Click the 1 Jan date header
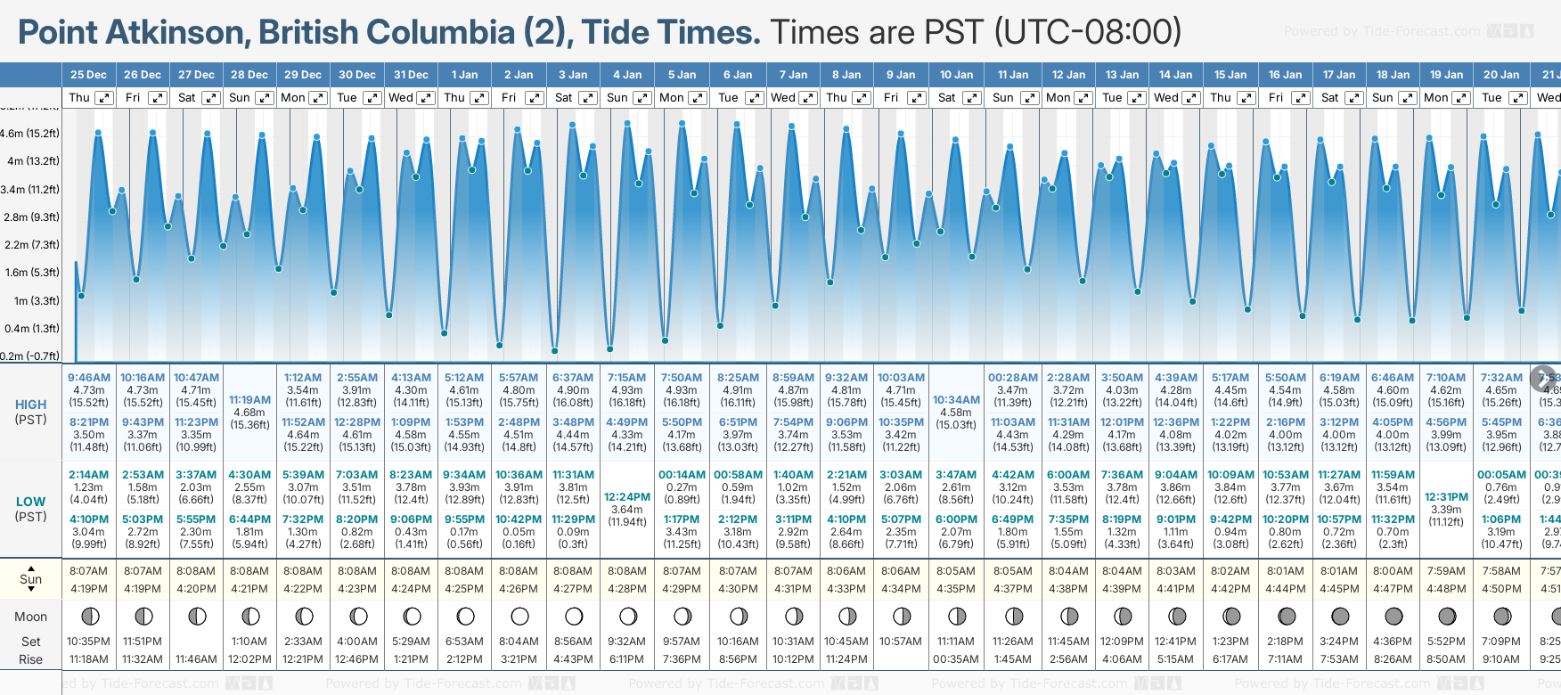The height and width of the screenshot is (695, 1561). (464, 75)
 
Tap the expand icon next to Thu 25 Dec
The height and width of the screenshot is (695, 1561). (104, 98)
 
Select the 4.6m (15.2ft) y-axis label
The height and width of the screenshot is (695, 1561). (29, 134)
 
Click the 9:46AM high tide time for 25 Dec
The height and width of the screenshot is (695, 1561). (88, 378)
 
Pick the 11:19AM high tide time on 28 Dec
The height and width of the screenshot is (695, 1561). (249, 400)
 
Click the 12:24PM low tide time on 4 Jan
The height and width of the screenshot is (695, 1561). (627, 497)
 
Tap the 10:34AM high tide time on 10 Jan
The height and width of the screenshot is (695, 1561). (956, 400)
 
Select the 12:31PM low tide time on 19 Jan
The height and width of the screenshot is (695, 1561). (1446, 497)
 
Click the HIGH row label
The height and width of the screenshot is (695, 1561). (31, 405)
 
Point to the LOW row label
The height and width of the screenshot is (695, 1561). (31, 502)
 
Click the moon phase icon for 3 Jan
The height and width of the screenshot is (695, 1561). (574, 616)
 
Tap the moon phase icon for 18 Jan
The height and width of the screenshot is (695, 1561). (1393, 616)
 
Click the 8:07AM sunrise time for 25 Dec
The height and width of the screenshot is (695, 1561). (88, 571)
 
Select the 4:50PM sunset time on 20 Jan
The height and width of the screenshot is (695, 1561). (1501, 589)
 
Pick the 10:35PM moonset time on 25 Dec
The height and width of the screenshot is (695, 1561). (88, 642)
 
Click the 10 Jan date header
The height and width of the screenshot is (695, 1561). (956, 75)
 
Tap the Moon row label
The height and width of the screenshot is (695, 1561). (31, 617)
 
